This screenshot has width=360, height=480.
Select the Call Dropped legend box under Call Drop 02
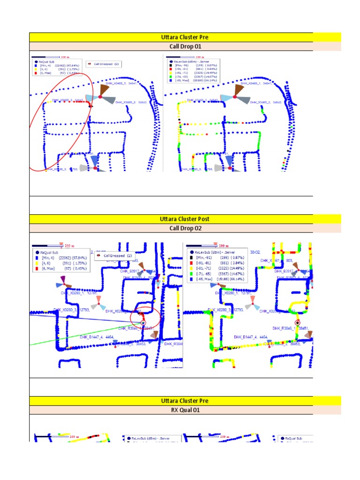click(x=115, y=256)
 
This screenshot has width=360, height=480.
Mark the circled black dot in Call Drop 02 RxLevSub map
click(x=297, y=322)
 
